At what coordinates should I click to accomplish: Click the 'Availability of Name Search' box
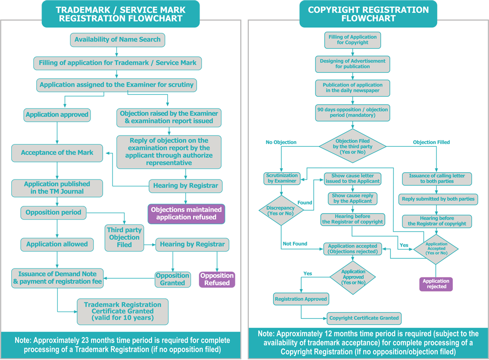point(117,40)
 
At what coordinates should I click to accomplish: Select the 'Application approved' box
point(57,115)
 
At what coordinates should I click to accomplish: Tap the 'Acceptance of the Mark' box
point(57,153)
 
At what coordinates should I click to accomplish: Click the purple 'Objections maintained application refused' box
point(186,213)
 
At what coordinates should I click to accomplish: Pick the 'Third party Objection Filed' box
point(124,237)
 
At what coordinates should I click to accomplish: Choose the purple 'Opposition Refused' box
point(217,279)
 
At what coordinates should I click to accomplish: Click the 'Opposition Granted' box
point(173,279)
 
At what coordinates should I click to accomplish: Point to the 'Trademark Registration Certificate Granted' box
point(123,311)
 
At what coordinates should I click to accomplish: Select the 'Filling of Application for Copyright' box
point(353,40)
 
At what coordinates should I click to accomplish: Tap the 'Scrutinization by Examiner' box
point(281,178)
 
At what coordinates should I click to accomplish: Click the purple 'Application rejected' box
point(436,284)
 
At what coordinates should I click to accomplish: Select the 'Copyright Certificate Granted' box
point(364,318)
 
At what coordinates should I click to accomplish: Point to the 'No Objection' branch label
point(281,142)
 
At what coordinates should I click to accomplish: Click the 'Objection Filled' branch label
point(431,142)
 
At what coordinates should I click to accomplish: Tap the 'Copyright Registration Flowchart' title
point(368,14)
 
